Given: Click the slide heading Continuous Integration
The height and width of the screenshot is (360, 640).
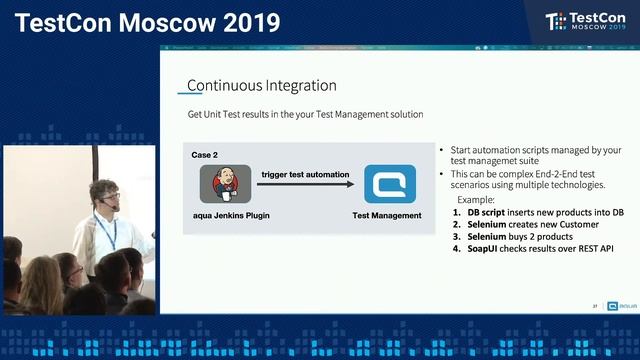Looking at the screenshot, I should [261, 86].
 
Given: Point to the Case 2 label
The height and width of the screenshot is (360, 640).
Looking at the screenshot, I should [205, 156].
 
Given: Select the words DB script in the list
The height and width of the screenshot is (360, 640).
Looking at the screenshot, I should [490, 212].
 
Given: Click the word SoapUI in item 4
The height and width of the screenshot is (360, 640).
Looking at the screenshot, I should [487, 248].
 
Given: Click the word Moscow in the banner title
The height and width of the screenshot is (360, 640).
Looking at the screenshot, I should [159, 22].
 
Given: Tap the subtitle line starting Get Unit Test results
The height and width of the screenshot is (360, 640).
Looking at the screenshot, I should [305, 115].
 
